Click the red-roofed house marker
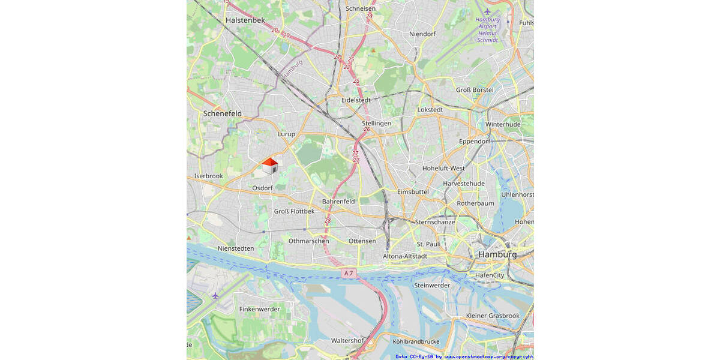[270, 166]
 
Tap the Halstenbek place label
[245, 20]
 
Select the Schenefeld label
[222, 113]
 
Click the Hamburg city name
[497, 254]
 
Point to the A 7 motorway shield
[348, 273]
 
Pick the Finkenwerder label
[259, 309]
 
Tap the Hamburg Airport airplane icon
[487, 11]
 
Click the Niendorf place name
[422, 34]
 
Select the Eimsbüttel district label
[413, 191]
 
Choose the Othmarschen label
[308, 241]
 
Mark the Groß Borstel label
[475, 90]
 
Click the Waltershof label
[347, 340]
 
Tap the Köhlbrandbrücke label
[416, 341]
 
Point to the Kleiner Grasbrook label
[493, 316]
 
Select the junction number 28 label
[328, 221]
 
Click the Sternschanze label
[434, 222]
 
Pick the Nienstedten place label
[236, 248]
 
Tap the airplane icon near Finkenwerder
[215, 295]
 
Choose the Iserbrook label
[208, 176]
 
